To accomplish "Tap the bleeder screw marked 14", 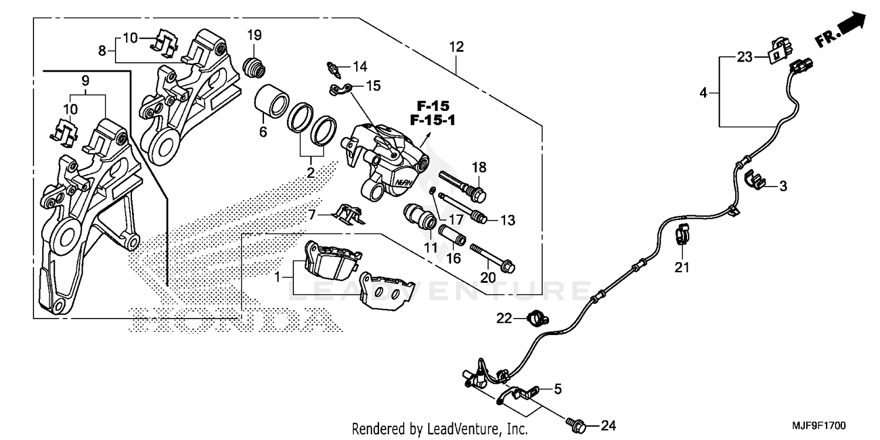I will coord(333,69).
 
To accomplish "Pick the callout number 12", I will coord(456,46).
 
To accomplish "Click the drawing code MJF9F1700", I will coord(820,424).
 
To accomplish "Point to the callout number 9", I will coord(85,79).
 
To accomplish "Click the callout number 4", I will coord(703,92).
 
